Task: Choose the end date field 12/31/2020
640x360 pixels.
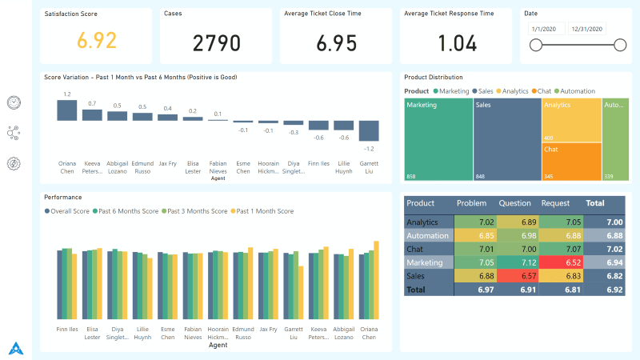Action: (587, 29)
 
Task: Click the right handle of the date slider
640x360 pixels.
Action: (620, 46)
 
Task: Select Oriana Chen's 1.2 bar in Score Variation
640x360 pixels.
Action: (67, 110)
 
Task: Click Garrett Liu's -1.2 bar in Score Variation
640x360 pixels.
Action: (369, 130)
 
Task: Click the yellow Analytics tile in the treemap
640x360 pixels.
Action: (570, 120)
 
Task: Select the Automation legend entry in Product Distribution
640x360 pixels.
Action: (577, 91)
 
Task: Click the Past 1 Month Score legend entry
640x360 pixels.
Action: (265, 211)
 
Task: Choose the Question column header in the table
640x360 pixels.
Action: (514, 203)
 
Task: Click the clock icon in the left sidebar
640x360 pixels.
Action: (14, 102)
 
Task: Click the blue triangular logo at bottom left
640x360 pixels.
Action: (15, 348)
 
